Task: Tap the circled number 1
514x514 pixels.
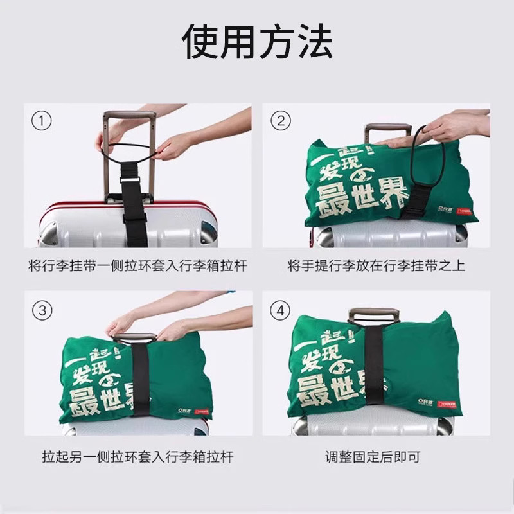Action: (42, 120)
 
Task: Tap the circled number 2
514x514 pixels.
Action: (281, 120)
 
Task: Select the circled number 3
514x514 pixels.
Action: (42, 311)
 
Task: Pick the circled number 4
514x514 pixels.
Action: (281, 311)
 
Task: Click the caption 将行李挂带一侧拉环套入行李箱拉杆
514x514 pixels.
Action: (137, 265)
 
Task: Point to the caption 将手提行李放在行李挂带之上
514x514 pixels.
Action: (376, 265)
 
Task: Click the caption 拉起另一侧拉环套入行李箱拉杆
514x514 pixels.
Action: (137, 457)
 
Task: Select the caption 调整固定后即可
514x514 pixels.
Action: (376, 457)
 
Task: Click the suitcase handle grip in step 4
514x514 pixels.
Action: (375, 315)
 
